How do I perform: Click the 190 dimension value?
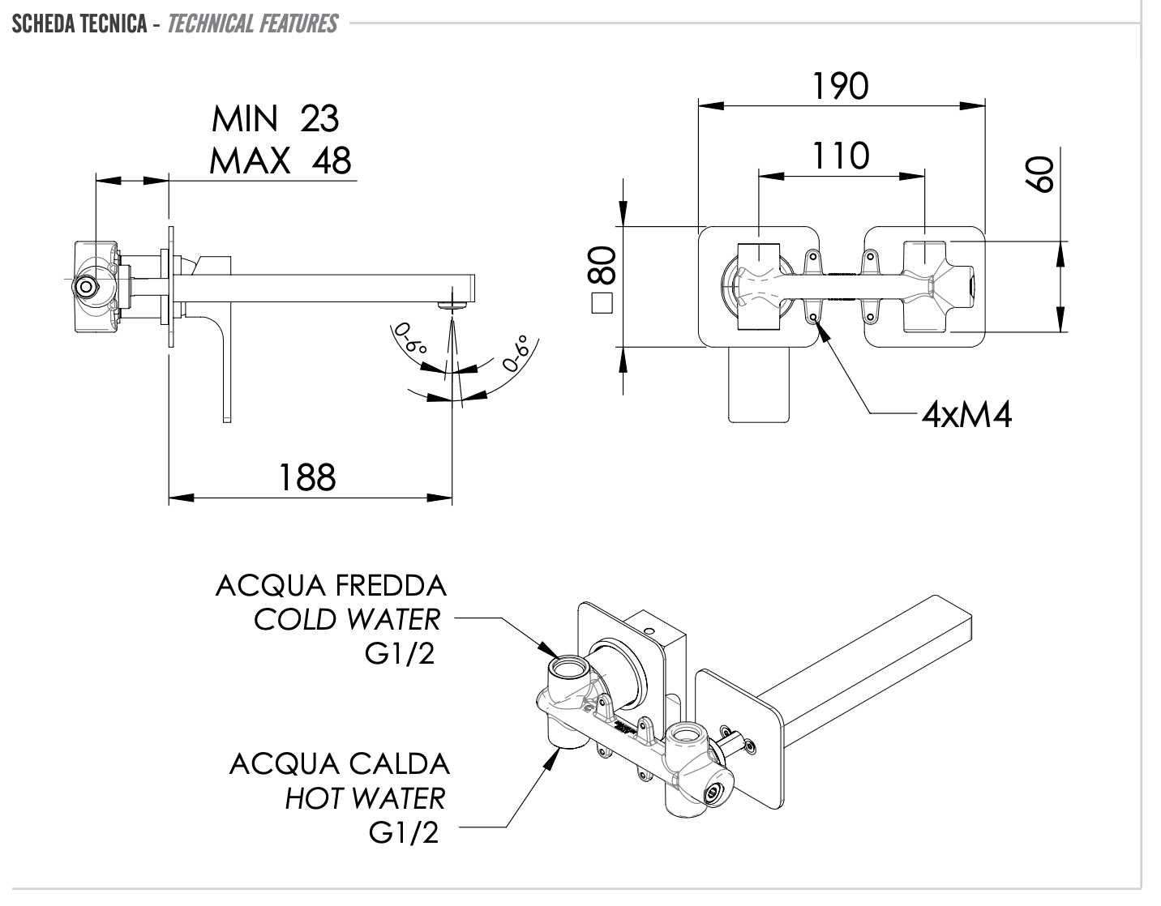(x=841, y=86)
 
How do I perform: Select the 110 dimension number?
(x=841, y=156)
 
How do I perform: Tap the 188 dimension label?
(x=307, y=477)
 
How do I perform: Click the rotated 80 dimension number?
(x=602, y=266)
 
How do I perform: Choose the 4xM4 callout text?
(x=967, y=416)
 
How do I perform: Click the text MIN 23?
(x=275, y=119)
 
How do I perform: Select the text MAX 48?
(x=280, y=160)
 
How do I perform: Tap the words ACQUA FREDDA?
(x=331, y=585)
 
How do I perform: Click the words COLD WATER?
(x=347, y=620)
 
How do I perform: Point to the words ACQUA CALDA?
(x=339, y=763)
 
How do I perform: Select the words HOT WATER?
(x=365, y=798)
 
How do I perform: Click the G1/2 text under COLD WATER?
(x=401, y=654)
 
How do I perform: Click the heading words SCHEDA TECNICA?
(x=79, y=24)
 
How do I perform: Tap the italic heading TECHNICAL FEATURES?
(x=252, y=24)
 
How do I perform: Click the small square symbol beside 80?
(x=602, y=304)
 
